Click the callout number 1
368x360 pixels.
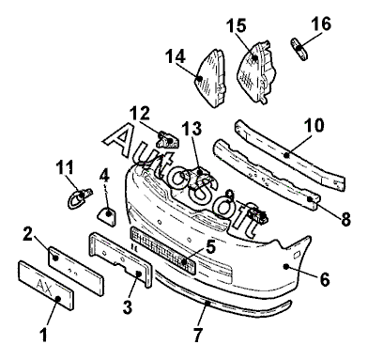coord(44,335)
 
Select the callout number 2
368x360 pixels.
coord(27,234)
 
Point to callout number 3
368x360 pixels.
coord(128,307)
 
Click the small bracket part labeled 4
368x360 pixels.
coord(107,217)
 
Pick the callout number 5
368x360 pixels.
coord(210,247)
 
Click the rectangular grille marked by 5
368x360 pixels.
coord(162,251)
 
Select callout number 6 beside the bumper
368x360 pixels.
coord(325,280)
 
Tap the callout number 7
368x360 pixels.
coord(198,336)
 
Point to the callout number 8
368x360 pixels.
coord(345,219)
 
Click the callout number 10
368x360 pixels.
coord(314,125)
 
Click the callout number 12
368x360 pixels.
coord(141,114)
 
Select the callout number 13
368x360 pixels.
coord(192,129)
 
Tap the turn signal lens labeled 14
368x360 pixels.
coord(211,78)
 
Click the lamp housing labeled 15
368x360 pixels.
coord(256,71)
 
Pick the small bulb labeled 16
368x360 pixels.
coord(299,49)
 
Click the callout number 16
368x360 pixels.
coord(321,24)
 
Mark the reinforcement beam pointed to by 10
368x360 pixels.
coord(290,155)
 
